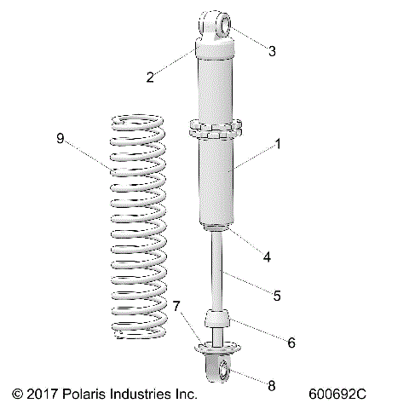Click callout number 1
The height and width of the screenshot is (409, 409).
[x=278, y=145]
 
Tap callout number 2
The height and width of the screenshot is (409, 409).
[x=150, y=78]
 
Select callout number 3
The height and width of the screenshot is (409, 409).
[x=272, y=51]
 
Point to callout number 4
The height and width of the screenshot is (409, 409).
[x=267, y=256]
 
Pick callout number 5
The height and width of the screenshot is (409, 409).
[x=277, y=296]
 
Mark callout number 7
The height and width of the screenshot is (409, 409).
[x=177, y=306]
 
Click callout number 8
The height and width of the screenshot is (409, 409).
[x=272, y=385]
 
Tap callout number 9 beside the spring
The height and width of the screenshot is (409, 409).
[x=60, y=137]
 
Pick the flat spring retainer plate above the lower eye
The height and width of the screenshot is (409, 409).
[x=218, y=346]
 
